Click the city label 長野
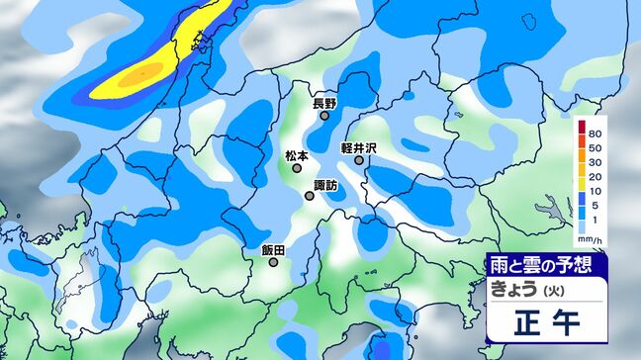tap(324, 103)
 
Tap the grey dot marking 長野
tap(324, 116)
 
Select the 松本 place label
tap(297, 155)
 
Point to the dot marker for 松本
tap(296, 168)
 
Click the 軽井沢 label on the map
tap(359, 146)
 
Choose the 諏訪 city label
tap(324, 185)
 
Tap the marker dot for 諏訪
tap(310, 196)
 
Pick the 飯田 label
tap(274, 250)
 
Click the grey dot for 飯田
tap(274, 263)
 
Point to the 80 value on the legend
tap(594, 133)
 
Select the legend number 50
tap(594, 148)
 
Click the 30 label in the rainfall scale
tap(594, 163)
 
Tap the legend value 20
tap(594, 179)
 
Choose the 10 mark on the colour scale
tap(594, 194)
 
